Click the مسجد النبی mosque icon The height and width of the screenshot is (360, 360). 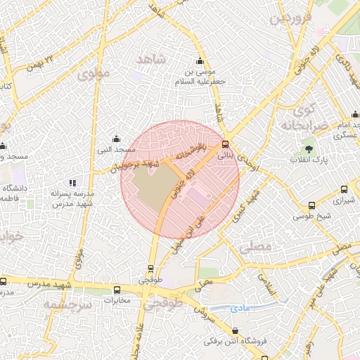click(116, 139)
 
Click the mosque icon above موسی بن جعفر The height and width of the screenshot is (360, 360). click(200, 60)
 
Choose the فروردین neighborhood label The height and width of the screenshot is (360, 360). click(290, 18)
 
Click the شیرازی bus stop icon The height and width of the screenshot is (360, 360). click(344, 188)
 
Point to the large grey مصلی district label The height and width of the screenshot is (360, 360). click(254, 248)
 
